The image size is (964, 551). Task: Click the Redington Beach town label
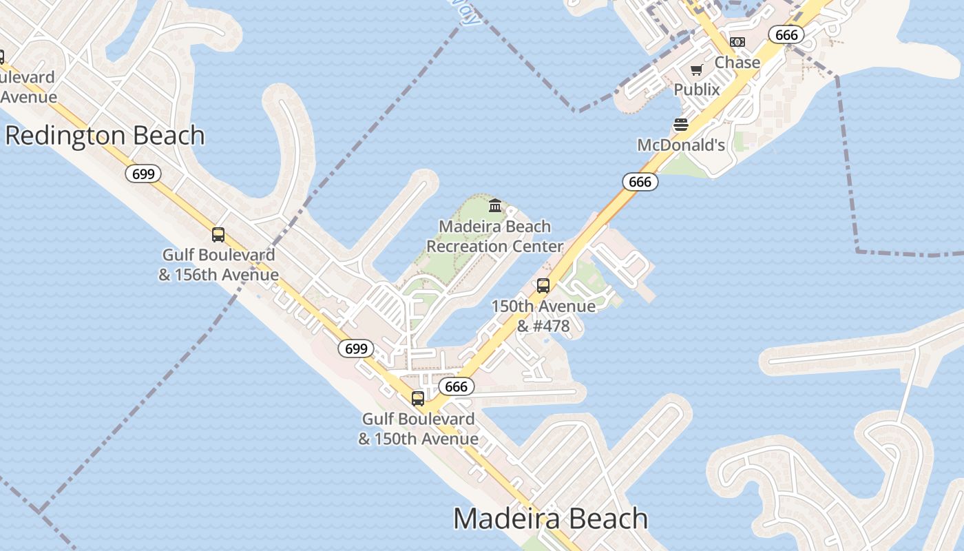[x=105, y=136]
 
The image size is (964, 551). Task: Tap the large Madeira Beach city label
[x=550, y=519]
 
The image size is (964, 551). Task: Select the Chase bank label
[x=737, y=63]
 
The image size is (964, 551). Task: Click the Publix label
[x=697, y=90]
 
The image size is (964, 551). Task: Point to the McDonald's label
[x=681, y=145]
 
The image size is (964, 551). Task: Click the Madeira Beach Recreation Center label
[x=494, y=236]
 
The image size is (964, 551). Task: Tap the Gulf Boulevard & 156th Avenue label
[x=218, y=264]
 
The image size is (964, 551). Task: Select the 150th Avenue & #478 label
[x=543, y=315]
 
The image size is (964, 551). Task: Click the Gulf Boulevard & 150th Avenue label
[x=418, y=428]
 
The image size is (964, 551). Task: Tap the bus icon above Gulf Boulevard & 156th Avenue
[x=218, y=235]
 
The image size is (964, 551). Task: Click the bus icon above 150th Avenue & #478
[x=543, y=286]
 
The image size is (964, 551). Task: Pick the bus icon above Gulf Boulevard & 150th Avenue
[x=418, y=398]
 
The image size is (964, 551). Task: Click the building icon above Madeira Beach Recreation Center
[x=495, y=205]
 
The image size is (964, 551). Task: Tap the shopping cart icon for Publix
[x=697, y=70]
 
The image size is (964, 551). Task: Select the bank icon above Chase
[x=737, y=42]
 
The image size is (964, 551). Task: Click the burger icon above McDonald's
[x=681, y=125]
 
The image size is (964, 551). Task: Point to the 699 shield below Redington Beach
[x=143, y=174]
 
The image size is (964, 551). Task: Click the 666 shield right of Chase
[x=786, y=35]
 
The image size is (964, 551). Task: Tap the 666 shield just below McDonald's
[x=640, y=182]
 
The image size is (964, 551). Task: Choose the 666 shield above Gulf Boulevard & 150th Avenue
[x=457, y=386]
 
